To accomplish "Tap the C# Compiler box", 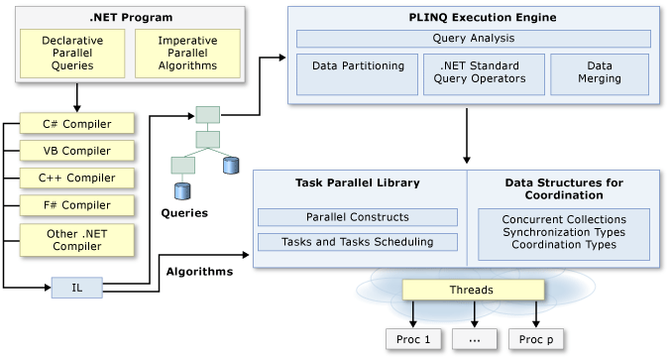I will pyautogui.click(x=78, y=125).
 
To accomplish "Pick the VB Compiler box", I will pyautogui.click(x=78, y=152).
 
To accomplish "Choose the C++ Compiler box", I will pyautogui.click(x=78, y=179).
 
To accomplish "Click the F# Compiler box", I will pyautogui.click(x=78, y=205).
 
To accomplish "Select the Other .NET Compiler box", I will pyautogui.click(x=78, y=239).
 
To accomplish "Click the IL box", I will pyautogui.click(x=77, y=289).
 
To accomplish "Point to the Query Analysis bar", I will pyautogui.click(x=473, y=39).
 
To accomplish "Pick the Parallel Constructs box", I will pyautogui.click(x=357, y=217).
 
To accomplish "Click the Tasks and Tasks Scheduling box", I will pyautogui.click(x=357, y=242).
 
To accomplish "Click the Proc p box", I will pyautogui.click(x=536, y=339).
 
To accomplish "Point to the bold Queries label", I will pyautogui.click(x=184, y=212).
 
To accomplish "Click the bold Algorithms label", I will pyautogui.click(x=199, y=270).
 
